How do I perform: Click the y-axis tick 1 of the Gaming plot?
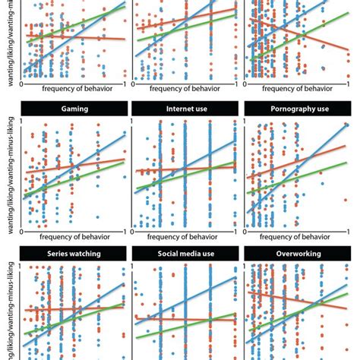(x=20, y=121)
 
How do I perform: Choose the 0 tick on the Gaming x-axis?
(x=24, y=231)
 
